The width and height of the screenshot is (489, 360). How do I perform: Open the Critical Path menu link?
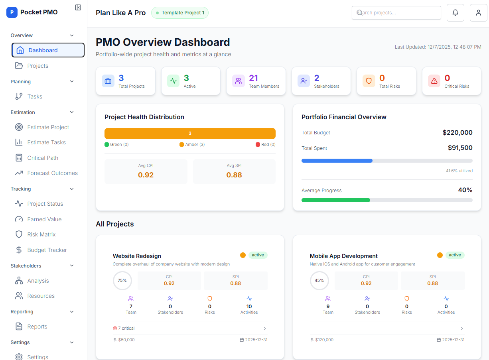point(42,158)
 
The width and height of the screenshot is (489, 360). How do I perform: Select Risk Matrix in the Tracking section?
point(41,234)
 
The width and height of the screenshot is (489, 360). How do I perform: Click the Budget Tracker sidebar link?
point(47,250)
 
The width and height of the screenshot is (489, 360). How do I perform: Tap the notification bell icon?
point(455,13)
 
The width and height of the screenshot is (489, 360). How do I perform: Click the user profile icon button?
point(478,13)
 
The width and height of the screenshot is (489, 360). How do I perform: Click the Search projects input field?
point(396,13)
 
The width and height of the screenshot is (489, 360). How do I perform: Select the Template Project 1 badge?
point(180,13)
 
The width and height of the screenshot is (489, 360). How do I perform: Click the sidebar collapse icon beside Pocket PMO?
point(78,8)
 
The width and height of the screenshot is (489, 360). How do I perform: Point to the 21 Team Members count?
point(254,78)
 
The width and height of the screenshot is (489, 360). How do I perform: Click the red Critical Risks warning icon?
point(434,81)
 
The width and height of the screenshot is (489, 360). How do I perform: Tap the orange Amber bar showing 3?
point(190,134)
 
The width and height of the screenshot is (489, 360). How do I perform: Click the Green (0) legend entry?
point(116,144)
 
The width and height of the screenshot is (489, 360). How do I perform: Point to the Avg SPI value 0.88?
point(234,175)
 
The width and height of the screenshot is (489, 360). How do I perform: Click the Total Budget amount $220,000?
point(457,133)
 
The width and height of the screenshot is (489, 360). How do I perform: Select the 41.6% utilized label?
point(459,171)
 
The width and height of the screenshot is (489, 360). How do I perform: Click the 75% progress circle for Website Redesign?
point(122,281)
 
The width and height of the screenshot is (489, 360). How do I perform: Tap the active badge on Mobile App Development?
point(455,255)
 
